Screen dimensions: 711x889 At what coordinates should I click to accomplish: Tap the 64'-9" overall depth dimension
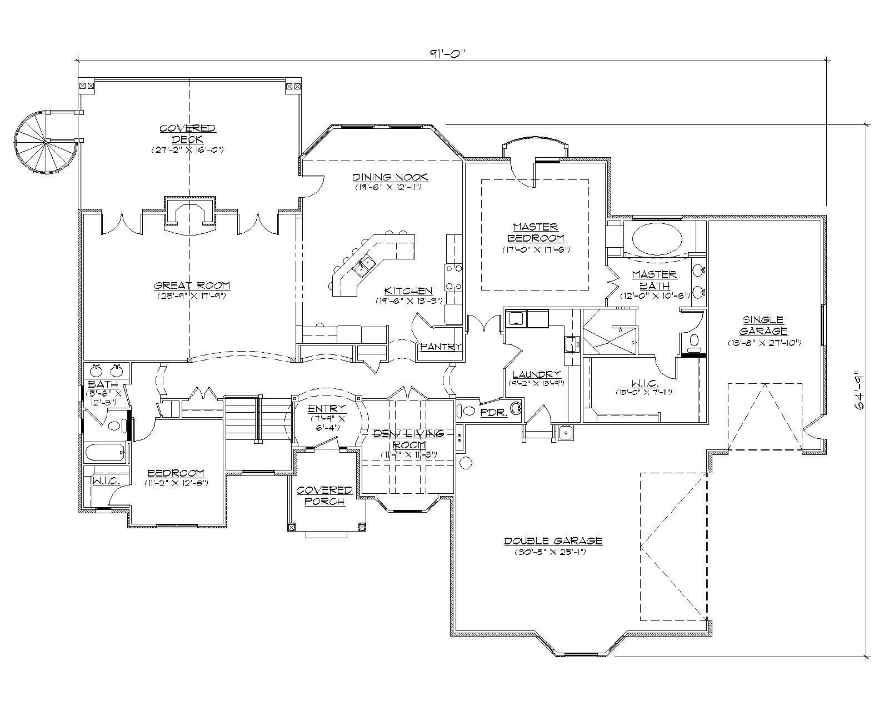(x=860, y=390)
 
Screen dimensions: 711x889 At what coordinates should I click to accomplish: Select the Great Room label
(x=192, y=286)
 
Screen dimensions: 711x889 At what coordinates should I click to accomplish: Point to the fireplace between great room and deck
(x=189, y=213)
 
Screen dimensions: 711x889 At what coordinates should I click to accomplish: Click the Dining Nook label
(x=390, y=177)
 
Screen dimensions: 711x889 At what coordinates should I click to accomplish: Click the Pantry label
(x=440, y=347)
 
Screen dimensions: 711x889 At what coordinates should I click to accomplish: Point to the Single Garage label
(x=764, y=325)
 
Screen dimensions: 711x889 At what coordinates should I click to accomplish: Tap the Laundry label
(x=536, y=374)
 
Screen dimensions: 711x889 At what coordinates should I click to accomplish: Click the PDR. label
(x=492, y=413)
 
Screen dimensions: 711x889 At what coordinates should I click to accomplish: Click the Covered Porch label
(x=324, y=495)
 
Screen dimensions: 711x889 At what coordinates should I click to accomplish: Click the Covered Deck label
(x=187, y=134)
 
